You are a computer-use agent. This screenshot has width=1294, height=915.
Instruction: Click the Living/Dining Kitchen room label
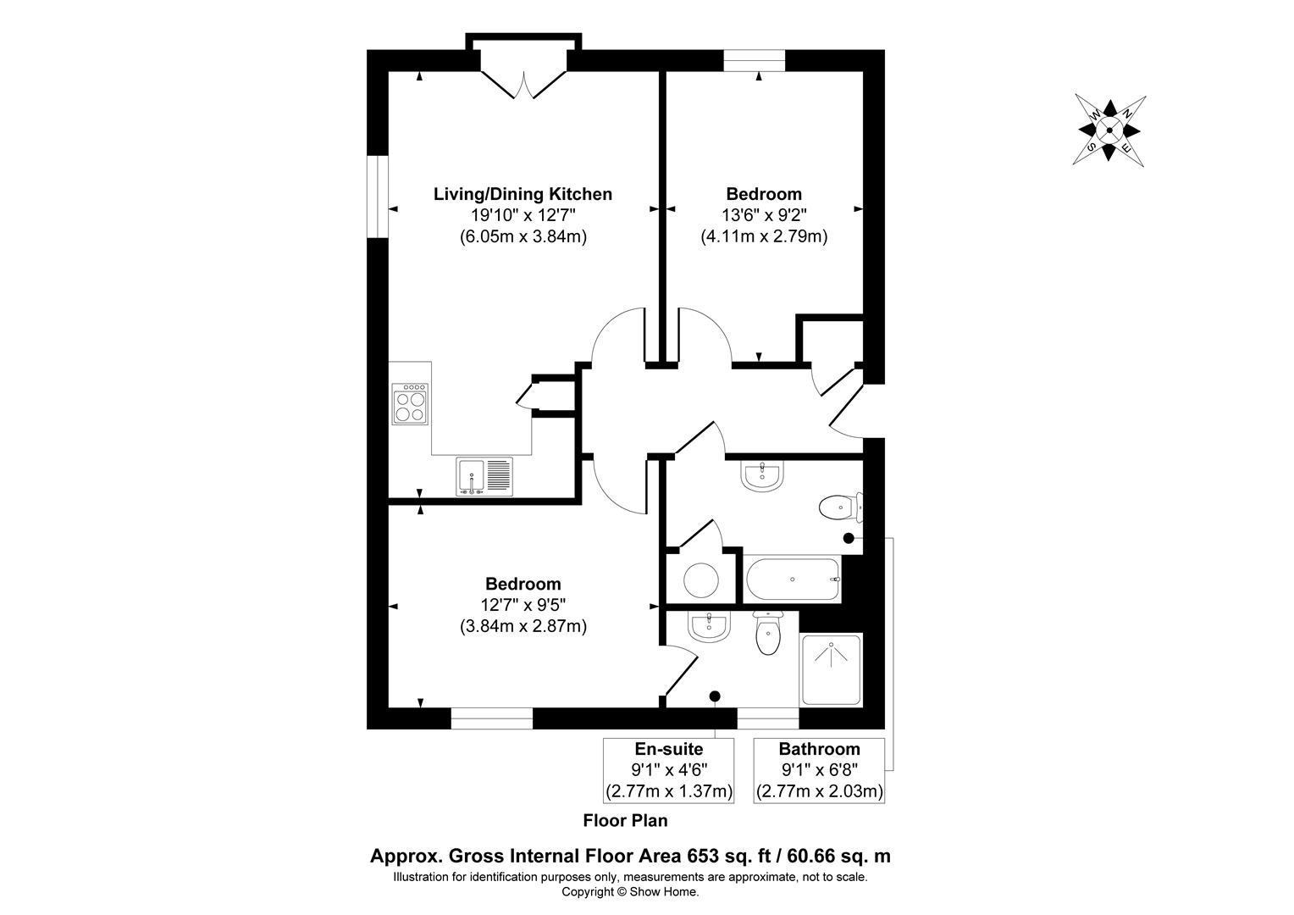523,194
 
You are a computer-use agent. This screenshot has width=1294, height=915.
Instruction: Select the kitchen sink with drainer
484,476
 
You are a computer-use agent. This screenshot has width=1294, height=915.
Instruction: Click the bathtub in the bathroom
792,579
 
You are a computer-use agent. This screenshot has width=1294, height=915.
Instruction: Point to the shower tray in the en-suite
831,669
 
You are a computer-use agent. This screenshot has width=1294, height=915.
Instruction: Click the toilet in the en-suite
768,633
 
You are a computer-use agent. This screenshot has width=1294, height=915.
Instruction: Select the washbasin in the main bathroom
762,476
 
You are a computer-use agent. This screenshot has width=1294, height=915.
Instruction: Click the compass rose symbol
1109,130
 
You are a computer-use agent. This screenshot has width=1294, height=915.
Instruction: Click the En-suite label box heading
669,749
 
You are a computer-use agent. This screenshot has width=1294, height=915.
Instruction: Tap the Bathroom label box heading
819,749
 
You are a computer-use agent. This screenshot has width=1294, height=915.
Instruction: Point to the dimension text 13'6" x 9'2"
764,215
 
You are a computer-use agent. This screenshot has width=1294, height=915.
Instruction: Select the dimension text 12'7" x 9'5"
523,605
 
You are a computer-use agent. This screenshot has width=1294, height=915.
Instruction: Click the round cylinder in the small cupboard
701,579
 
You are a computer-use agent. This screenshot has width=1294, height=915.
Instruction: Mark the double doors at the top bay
523,85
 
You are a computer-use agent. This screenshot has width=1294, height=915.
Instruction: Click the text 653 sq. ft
730,856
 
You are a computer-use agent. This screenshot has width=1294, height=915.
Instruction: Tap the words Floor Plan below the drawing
625,821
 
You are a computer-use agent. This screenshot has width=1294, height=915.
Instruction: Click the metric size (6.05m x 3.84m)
523,237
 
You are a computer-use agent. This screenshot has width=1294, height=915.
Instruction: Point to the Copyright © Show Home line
630,892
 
